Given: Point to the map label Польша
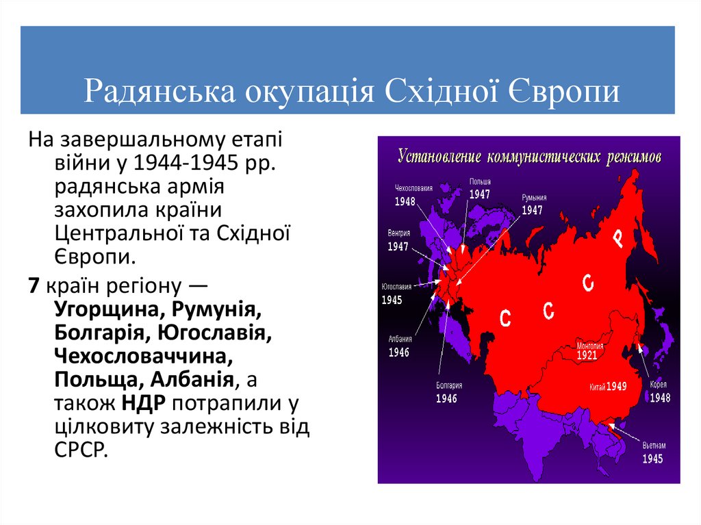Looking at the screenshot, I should tap(479, 181).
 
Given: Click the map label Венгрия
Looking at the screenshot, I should tap(399, 233).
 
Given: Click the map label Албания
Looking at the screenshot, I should tap(399, 339).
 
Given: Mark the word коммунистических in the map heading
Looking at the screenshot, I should tap(544, 157).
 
